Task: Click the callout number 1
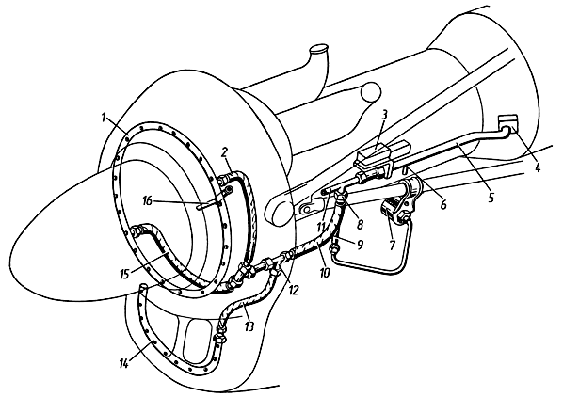click(x=105, y=118)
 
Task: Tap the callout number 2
click(x=225, y=152)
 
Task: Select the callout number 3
click(x=384, y=115)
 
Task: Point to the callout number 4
click(x=538, y=167)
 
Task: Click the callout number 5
click(x=491, y=197)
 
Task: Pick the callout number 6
click(x=443, y=204)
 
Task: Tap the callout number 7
click(x=392, y=246)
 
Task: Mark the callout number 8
click(x=360, y=224)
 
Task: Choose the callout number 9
click(x=360, y=245)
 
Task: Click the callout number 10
click(x=324, y=273)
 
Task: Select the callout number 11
click(x=321, y=227)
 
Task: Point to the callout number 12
click(x=294, y=290)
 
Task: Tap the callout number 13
click(x=249, y=326)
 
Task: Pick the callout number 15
click(x=125, y=274)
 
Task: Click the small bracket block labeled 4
click(x=508, y=123)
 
